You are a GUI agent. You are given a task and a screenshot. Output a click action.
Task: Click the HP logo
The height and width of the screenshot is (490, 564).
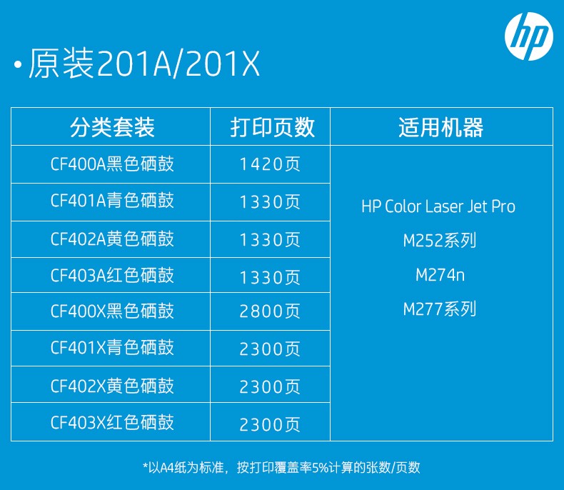(529, 36)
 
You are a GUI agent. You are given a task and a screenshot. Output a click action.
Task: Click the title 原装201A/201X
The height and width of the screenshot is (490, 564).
(144, 64)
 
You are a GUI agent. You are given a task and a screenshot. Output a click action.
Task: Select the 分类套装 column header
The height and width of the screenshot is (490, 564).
(112, 127)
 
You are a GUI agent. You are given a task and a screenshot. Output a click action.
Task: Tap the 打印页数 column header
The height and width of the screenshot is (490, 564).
(272, 127)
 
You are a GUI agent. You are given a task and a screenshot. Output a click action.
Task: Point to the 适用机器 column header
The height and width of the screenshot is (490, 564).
(441, 127)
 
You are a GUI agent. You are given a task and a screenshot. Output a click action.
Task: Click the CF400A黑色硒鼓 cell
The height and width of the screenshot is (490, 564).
(112, 164)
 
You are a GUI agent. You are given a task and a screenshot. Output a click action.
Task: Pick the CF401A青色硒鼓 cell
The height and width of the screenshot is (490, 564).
(112, 201)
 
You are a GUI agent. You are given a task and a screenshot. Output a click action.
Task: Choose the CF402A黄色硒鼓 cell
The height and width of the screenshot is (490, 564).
(112, 239)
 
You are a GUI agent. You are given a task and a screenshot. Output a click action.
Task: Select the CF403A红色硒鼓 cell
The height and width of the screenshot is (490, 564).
(112, 275)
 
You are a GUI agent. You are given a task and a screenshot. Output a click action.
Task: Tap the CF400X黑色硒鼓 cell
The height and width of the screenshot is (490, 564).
(112, 311)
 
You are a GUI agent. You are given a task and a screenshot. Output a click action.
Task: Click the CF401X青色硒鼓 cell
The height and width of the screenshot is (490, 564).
(112, 348)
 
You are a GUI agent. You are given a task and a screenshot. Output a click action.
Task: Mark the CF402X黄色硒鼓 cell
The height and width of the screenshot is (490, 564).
(112, 386)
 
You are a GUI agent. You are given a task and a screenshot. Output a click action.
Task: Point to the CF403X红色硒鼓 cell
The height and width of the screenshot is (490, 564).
(112, 422)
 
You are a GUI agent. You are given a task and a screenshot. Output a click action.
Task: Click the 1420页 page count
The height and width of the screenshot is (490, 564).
(270, 164)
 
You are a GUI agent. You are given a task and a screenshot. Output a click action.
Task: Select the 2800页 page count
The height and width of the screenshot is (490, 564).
(270, 311)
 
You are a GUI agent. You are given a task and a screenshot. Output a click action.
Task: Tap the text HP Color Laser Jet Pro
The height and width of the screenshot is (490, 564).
(438, 206)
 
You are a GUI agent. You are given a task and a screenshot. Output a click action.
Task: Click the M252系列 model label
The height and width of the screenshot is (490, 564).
(440, 240)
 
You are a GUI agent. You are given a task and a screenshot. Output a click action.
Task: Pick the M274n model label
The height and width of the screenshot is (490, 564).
(440, 275)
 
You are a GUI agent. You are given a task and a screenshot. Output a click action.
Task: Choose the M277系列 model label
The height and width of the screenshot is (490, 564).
(440, 309)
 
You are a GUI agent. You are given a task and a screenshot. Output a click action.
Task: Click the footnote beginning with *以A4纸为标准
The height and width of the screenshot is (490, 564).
(281, 467)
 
